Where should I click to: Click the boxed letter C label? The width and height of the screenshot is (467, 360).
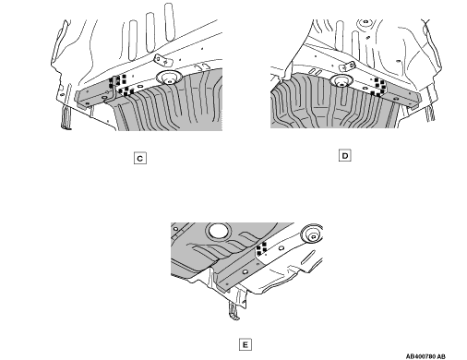(x=140, y=159)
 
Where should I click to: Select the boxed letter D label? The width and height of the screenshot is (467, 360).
(x=345, y=155)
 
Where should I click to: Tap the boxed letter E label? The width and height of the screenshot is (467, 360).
(x=245, y=344)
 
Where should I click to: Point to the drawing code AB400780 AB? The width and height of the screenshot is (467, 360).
(x=425, y=356)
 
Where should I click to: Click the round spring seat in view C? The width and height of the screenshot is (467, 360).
(x=169, y=78)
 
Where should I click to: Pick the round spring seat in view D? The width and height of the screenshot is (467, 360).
(x=341, y=81)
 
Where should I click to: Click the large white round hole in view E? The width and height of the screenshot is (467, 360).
(x=218, y=231)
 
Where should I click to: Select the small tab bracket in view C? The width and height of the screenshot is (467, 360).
(x=162, y=61)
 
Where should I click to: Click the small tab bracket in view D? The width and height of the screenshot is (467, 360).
(x=347, y=66)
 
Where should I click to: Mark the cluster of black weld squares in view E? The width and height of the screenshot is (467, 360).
(x=261, y=248)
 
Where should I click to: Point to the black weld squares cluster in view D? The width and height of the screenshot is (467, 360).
(x=378, y=87)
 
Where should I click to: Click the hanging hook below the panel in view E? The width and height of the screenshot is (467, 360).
(x=234, y=311)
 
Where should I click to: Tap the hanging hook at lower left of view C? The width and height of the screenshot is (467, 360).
(x=66, y=117)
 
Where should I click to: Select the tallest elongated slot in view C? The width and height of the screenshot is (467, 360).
(x=170, y=22)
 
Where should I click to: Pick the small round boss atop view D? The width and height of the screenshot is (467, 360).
(x=365, y=22)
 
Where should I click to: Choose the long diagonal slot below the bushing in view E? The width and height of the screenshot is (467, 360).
(x=308, y=258)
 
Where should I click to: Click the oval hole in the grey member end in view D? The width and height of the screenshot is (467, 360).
(x=396, y=99)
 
